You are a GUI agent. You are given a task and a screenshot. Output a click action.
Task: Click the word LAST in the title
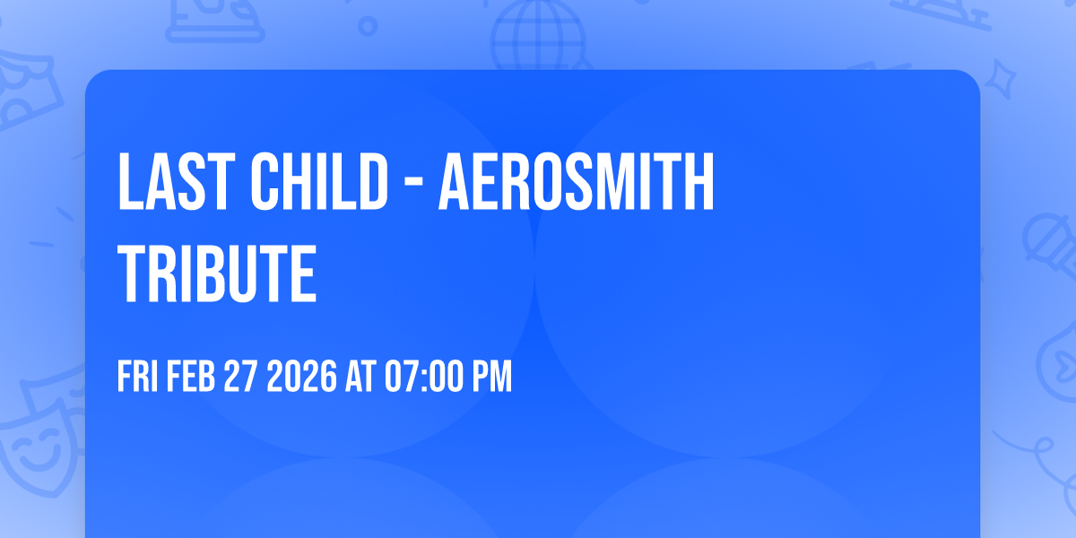166,183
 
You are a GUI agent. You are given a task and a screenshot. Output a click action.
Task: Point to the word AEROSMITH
576,183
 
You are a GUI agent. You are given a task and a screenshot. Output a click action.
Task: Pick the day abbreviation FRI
138,377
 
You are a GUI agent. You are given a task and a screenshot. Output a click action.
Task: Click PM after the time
492,377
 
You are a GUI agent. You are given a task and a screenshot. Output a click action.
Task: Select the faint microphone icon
1046,240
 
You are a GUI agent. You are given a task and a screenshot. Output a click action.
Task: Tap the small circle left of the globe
367,26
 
